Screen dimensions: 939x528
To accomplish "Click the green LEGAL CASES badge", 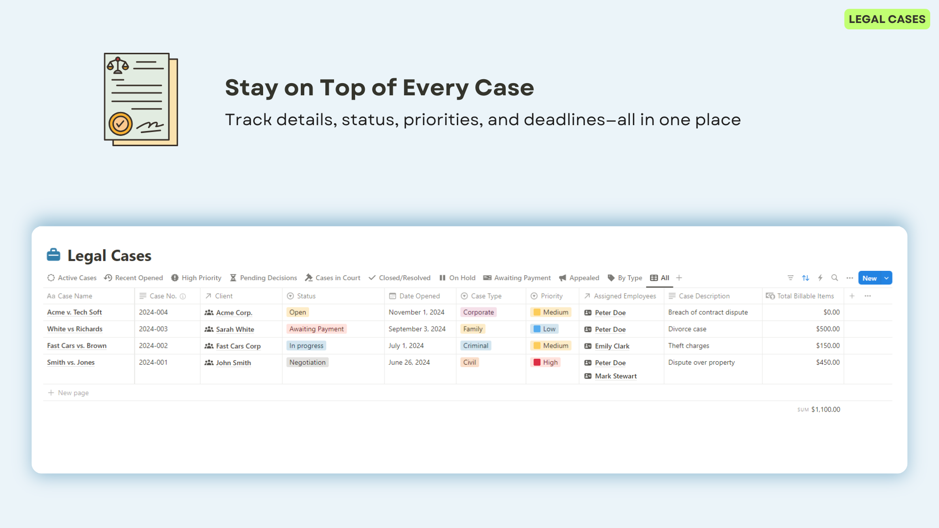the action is coord(887,19).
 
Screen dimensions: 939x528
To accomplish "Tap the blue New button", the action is coord(870,278).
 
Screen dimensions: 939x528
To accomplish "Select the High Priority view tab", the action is coord(196,278).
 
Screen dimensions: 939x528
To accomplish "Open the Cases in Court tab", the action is coord(333,278).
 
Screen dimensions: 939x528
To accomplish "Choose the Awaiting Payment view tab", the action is coord(517,278).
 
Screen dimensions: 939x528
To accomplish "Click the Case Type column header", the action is coord(481,296).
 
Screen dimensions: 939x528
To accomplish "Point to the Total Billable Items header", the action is coord(800,296).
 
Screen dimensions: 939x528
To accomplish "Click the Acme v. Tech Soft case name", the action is coord(74,312).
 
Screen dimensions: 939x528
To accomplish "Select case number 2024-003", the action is coord(153,329).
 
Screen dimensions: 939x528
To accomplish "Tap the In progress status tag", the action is coord(306,346).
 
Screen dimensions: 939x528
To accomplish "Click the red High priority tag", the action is coord(545,362).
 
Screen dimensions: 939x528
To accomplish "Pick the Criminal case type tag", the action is coord(475,346).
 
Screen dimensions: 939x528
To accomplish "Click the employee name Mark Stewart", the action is coord(616,376).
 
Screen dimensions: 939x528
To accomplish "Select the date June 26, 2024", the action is coord(409,362).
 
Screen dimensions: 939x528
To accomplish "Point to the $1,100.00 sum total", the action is coord(826,410).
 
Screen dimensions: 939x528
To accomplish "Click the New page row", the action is coord(68,393).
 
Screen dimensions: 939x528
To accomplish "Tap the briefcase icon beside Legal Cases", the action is coord(53,255).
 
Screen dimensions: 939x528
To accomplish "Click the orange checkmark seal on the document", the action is coord(120,124).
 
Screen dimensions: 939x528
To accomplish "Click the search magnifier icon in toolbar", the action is coord(835,278).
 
